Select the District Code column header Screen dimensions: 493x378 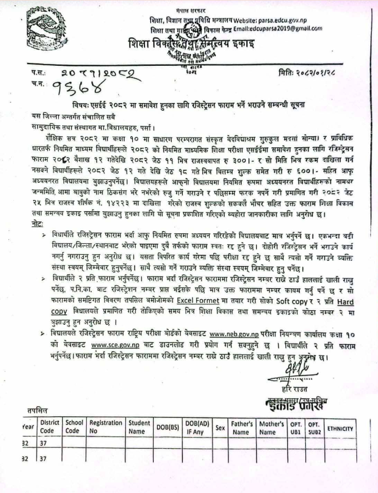[48, 427]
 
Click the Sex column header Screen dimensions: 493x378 [220, 427]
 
